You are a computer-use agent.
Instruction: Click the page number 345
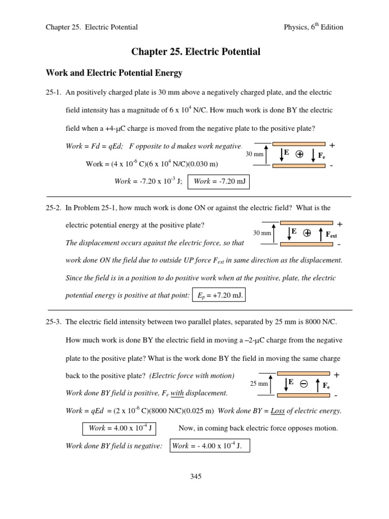pyautogui.click(x=196, y=476)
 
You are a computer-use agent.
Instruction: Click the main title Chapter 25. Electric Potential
pyautogui.click(x=196, y=52)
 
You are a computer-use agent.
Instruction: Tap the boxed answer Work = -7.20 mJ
pyautogui.click(x=219, y=181)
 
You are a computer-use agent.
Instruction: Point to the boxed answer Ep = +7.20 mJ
pyautogui.click(x=218, y=295)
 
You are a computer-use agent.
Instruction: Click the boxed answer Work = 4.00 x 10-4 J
pyautogui.click(x=119, y=428)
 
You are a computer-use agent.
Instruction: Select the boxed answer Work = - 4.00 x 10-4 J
pyautogui.click(x=209, y=446)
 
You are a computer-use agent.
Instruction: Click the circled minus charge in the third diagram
pyautogui.click(x=303, y=384)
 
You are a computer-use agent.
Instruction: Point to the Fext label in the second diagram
pyautogui.click(x=331, y=235)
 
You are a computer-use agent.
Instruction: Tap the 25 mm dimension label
pyautogui.click(x=259, y=384)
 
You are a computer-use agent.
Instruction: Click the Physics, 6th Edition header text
pyautogui.click(x=314, y=27)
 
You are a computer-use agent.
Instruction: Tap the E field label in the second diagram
pyautogui.click(x=294, y=231)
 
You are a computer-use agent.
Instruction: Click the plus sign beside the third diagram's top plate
pyautogui.click(x=336, y=375)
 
